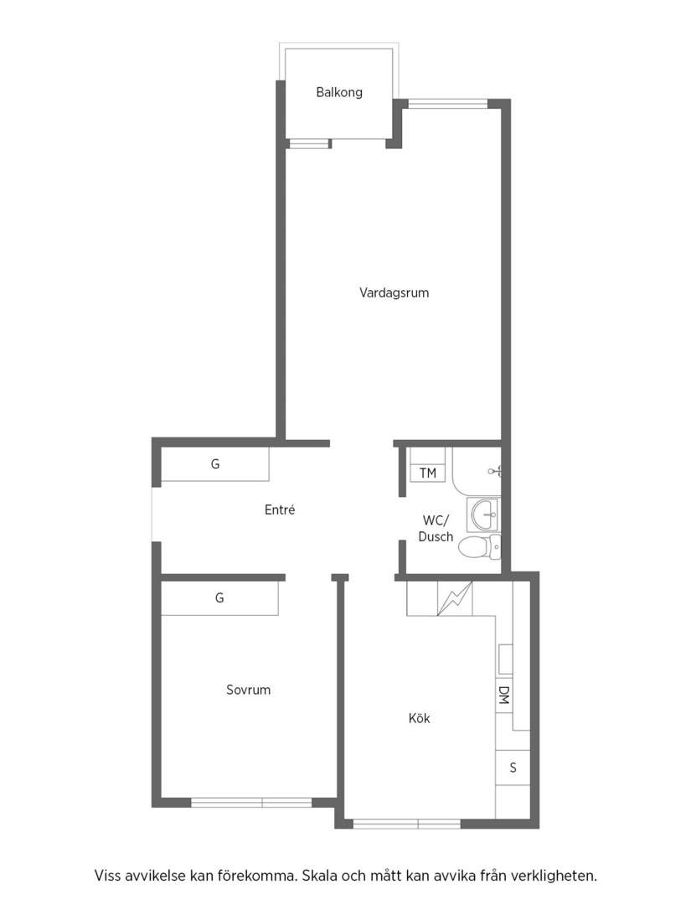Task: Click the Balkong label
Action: click(x=339, y=92)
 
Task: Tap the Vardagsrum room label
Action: click(x=394, y=292)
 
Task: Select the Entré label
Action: click(x=280, y=509)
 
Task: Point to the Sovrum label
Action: click(x=248, y=690)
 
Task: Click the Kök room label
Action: click(x=420, y=719)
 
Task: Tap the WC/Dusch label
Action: click(x=436, y=529)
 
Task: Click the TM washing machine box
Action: click(x=427, y=473)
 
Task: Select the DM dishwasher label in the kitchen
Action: click(x=503, y=695)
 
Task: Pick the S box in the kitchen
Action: click(x=513, y=768)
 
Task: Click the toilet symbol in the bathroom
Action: click(x=480, y=546)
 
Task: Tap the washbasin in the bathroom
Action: click(x=483, y=513)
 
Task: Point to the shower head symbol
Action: click(x=496, y=471)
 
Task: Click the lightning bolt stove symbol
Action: click(x=455, y=598)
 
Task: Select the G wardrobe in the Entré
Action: click(x=214, y=464)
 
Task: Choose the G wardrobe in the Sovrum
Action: click(x=219, y=598)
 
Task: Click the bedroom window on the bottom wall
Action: click(x=251, y=802)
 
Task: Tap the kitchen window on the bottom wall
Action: click(x=406, y=824)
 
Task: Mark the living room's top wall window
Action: click(x=447, y=104)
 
